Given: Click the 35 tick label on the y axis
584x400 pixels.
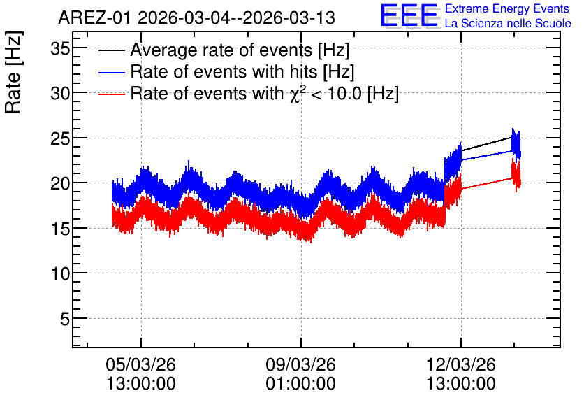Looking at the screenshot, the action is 60,48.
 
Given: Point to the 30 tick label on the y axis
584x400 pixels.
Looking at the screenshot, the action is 60,93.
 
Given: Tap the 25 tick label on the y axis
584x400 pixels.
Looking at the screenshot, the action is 60,138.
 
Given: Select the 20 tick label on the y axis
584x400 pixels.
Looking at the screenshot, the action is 60,183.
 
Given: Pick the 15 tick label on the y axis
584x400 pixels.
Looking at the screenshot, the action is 60,229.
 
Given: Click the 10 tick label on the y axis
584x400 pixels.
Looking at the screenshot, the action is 60,274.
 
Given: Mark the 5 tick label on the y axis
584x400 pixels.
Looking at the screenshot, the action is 65,319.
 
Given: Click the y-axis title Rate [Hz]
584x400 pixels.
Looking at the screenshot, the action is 13,72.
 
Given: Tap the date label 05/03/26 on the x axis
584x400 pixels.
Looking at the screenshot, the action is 141,364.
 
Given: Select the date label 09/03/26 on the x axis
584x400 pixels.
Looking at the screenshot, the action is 300,364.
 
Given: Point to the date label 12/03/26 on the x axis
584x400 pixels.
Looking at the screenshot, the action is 461,364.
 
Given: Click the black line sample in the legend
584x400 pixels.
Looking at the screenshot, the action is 111,50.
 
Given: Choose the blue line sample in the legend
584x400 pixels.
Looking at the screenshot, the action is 111,72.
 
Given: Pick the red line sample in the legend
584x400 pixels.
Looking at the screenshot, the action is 111,94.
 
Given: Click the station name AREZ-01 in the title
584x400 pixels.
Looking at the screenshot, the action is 95,18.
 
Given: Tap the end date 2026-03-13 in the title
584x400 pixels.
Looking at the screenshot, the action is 289,18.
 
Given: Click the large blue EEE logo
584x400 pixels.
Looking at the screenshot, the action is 409,15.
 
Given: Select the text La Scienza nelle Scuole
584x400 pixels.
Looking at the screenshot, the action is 508,24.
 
